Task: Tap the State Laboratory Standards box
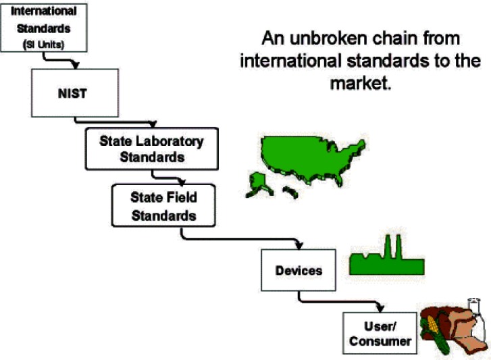(x=151, y=149)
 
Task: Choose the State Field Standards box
(x=163, y=205)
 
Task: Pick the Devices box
(x=298, y=270)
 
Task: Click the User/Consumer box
(x=380, y=331)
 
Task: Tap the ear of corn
(x=430, y=332)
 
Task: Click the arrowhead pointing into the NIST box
(x=76, y=66)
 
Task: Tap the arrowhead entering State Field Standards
(x=180, y=182)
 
